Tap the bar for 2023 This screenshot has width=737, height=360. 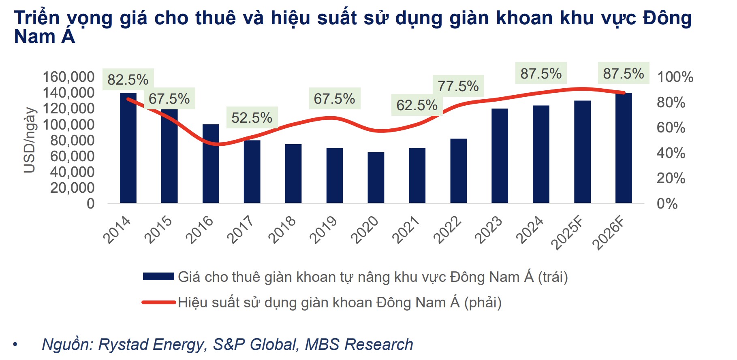point(500,156)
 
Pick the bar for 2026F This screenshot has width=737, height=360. point(623,148)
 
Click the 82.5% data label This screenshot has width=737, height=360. point(128,79)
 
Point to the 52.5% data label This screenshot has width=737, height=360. point(252,117)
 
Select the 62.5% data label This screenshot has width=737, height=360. point(417,105)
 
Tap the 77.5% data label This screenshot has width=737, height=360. point(458,86)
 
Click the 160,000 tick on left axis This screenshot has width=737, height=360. point(68,77)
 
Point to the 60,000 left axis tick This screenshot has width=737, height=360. point(72,156)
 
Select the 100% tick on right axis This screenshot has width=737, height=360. point(675,77)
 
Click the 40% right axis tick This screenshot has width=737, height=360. point(671,153)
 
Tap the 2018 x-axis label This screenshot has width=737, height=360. point(282,230)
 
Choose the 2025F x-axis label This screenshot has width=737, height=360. point(567,233)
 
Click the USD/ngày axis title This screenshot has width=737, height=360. point(30,140)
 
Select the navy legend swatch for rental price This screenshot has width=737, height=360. point(158,277)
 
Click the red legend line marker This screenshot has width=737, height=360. point(158,302)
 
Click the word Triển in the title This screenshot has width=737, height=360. point(37,18)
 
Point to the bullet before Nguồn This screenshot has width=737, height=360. point(15,345)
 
